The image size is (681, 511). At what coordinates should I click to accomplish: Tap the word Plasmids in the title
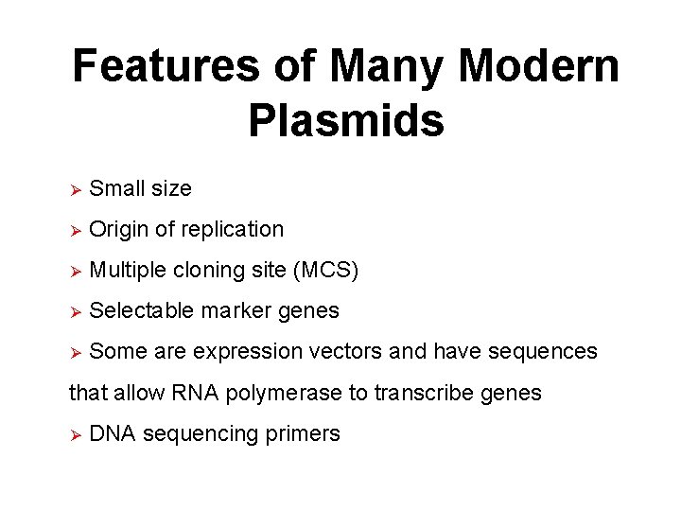point(346,120)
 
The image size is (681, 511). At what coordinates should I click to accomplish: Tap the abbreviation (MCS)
point(325,270)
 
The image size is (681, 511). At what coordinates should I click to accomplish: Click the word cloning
point(209,270)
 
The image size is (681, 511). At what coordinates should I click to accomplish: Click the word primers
point(305,434)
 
